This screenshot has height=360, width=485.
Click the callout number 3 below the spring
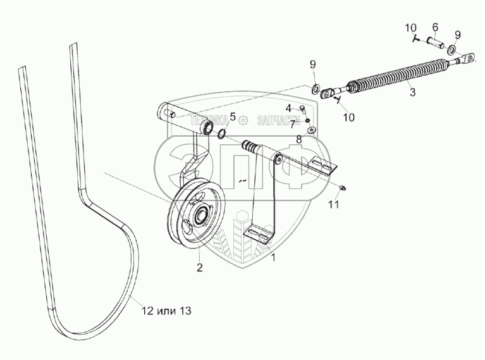[413, 92]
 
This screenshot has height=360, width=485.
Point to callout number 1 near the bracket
[273, 258]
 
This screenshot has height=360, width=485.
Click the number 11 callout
[334, 205]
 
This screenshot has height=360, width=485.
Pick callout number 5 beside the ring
[232, 116]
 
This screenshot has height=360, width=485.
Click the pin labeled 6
[434, 45]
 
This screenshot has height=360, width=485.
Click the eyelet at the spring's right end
[466, 60]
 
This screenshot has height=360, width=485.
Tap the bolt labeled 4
[302, 109]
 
